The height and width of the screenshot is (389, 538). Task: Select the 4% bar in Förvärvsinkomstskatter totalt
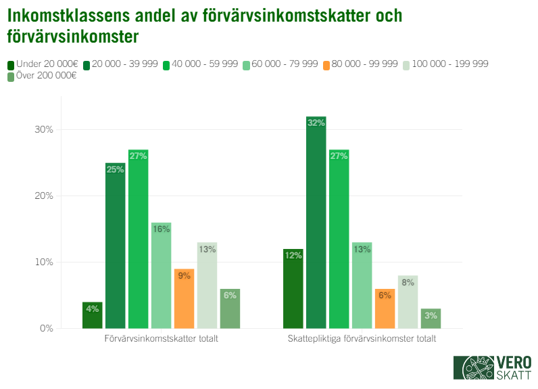pos(93,315)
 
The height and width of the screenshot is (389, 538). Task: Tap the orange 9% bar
pos(184,298)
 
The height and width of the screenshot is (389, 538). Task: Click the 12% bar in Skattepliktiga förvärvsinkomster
pos(293,288)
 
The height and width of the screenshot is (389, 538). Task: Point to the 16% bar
pos(161,275)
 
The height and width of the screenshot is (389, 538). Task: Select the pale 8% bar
pos(408,302)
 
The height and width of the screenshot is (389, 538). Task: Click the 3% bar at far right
pos(431,319)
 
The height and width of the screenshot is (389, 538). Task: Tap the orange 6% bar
pos(385,308)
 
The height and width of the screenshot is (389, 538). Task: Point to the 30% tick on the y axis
pos(45,130)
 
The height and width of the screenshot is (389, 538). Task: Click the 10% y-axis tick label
pos(45,262)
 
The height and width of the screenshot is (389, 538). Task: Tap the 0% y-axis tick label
pos(47,329)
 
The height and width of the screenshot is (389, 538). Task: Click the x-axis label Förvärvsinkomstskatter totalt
pos(162,339)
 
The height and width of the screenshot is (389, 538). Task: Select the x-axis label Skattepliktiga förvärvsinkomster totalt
pos(362,339)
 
